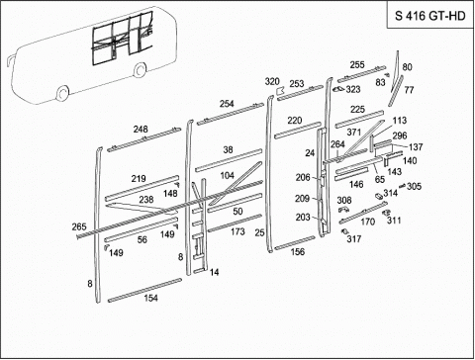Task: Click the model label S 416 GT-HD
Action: pos(430,16)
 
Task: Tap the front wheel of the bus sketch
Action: pos(62,93)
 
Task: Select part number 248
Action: pos(141,130)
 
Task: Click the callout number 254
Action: pos(227,104)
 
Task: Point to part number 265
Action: pos(79,226)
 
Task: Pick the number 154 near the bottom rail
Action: pos(150,298)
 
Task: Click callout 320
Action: pos(272,81)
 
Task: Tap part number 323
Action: pos(353,89)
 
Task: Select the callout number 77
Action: pos(409,90)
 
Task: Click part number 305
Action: pos(414,186)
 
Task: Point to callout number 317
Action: pos(354,238)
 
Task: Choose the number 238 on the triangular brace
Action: pos(146,200)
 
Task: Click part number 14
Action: pos(215,272)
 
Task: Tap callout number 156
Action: pos(298,252)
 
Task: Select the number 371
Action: pos(354,133)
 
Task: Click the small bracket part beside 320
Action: pos(281,90)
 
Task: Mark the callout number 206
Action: pos(303,177)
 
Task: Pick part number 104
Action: pos(228,175)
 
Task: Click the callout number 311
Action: pos(394,220)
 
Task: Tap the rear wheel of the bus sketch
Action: pos(140,69)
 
